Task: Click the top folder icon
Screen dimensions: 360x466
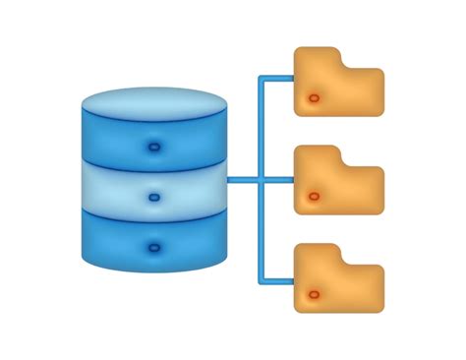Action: (x=339, y=87)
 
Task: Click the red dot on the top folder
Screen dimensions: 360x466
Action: (x=314, y=98)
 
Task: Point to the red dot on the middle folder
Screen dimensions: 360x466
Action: (x=314, y=197)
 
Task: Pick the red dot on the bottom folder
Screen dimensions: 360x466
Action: (x=314, y=295)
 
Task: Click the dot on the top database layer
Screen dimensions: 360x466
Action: (x=154, y=147)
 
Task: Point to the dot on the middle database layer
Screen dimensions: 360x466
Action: (x=154, y=197)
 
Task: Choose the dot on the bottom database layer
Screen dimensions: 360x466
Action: (x=154, y=247)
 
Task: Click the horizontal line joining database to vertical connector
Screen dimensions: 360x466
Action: (x=243, y=180)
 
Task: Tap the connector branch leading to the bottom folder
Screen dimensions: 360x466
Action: (x=278, y=283)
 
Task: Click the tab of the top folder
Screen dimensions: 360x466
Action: (x=317, y=57)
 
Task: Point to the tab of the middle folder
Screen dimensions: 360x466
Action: (x=317, y=155)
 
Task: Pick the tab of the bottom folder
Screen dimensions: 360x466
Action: (x=317, y=254)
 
